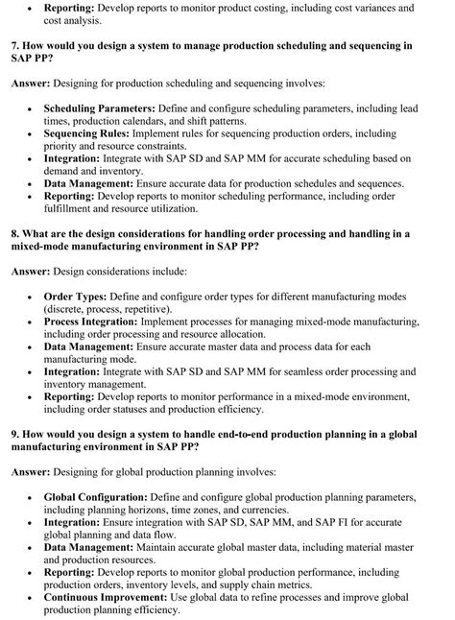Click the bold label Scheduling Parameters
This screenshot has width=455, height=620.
[100, 111]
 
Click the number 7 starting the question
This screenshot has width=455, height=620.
[15, 46]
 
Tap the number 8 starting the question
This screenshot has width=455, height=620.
[15, 233]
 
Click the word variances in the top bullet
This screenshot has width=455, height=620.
[368, 7]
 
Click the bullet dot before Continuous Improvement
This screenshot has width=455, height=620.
[32, 598]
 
